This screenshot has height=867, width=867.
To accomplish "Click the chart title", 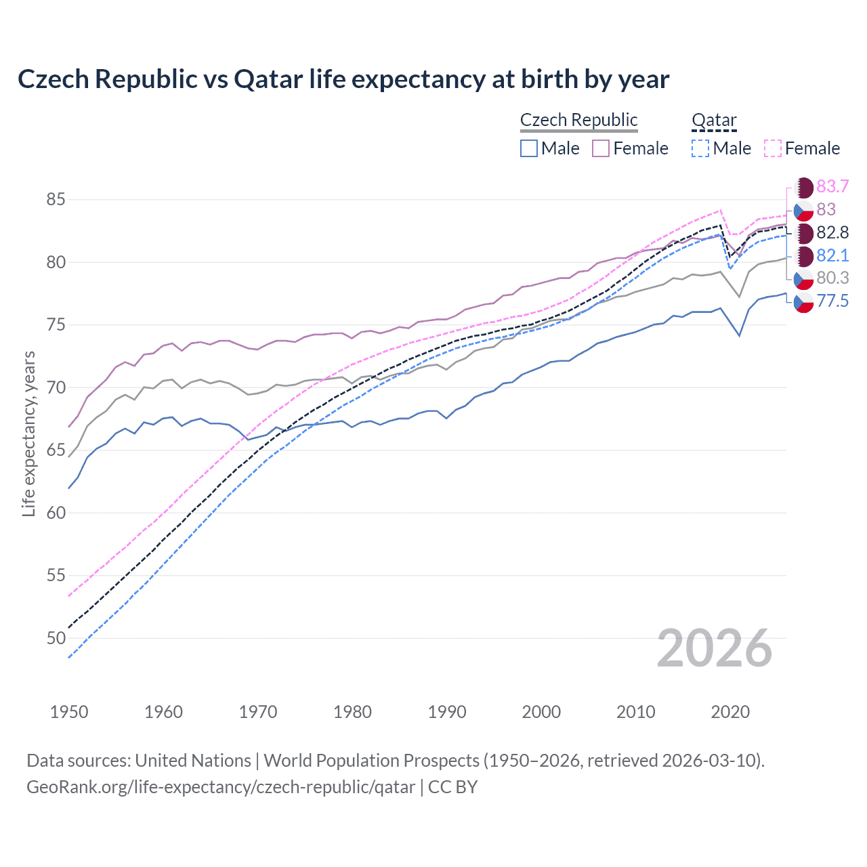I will pos(343,79).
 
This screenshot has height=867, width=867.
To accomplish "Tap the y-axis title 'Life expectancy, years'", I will pos(28,433).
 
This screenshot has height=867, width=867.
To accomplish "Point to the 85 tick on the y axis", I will pos(56,200).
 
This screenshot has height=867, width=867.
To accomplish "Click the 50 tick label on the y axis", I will pos(56,638).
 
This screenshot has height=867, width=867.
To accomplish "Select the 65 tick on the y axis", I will pos(56,450).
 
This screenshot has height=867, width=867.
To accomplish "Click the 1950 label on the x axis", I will pos(69,712).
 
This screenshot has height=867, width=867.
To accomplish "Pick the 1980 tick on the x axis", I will pos(352,712).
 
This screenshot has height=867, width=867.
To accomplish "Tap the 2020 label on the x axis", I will pos(730,712).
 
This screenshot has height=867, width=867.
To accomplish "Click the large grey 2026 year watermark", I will pos(714,648).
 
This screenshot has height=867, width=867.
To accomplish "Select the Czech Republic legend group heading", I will pos(578,120).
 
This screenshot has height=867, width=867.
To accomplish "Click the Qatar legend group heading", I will pos(713,120).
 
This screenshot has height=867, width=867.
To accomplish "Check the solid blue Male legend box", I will pos(529,148).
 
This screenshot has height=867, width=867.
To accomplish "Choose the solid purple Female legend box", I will pos(601,148).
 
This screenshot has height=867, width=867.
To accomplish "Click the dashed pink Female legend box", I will pos(772,148).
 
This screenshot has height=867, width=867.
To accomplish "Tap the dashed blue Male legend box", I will pos(700,148).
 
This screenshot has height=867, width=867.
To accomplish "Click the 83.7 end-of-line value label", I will pos(832,186).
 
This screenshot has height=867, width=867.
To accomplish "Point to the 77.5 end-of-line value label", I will pos(832,301).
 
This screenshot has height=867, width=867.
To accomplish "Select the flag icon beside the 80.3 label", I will pos(803,278).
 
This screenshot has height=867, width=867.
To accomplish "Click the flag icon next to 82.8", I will pos(803,233).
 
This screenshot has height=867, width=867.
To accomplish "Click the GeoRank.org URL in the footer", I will pos(221,787).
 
